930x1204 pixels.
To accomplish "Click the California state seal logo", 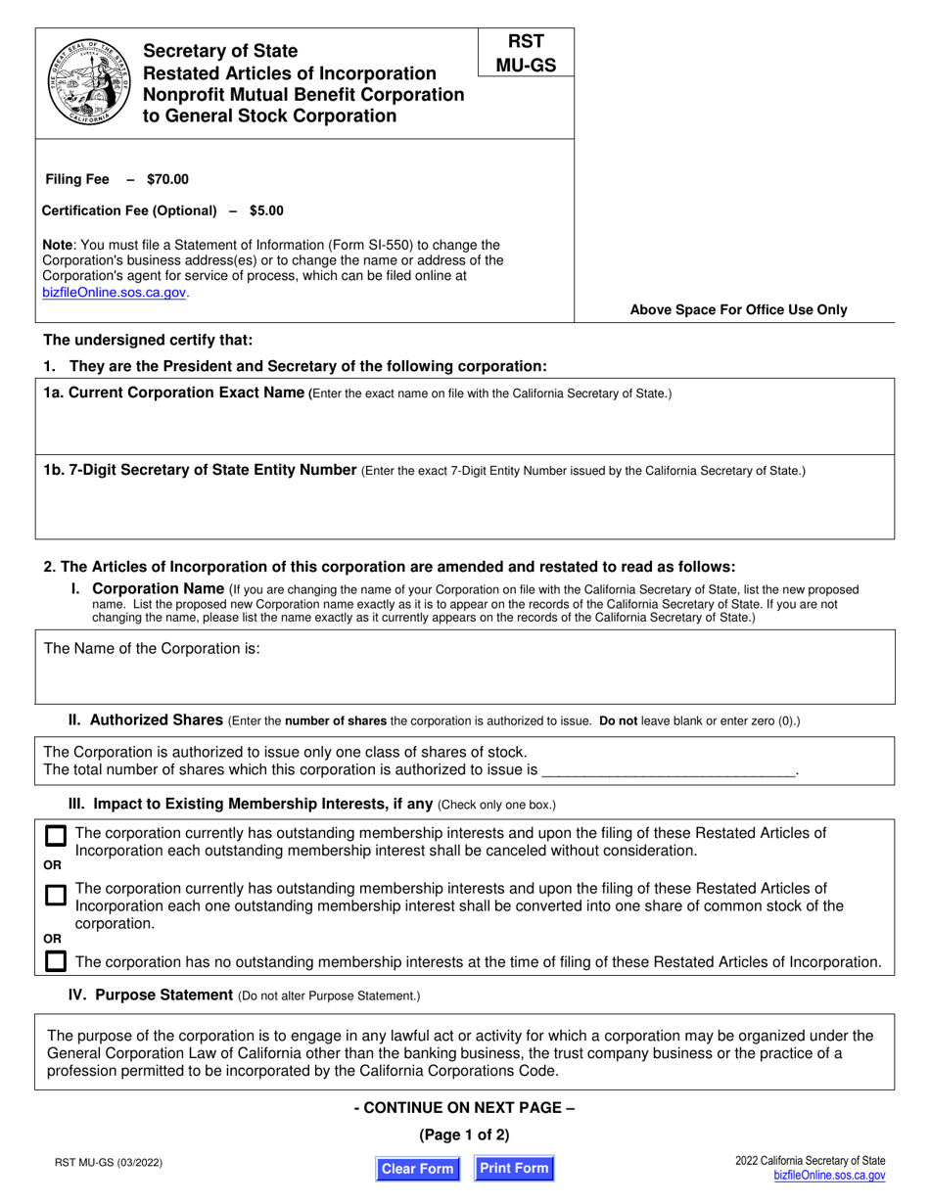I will pos(89,83).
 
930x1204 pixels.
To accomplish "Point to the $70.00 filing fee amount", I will pos(167,179).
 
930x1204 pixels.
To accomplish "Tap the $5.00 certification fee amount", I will pos(266,210).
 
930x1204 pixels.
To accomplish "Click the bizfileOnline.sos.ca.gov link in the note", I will pos(114,292).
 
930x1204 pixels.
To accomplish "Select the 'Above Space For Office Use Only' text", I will pos(738,309).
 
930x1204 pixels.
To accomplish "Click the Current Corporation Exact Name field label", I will pos(174,393).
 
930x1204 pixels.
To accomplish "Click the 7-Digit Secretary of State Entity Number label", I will pos(200,470).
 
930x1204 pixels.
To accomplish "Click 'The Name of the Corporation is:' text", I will pos(152,648).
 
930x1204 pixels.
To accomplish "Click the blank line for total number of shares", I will pos(668,770).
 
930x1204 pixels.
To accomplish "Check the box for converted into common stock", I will pos(57,895).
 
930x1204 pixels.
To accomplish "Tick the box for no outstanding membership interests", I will pos(57,961).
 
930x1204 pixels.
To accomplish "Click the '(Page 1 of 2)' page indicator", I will pos(464,1135).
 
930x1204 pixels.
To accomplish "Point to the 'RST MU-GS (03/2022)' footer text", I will pos(108,1164).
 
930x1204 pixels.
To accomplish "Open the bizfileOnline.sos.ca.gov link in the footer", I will pos(828,1176).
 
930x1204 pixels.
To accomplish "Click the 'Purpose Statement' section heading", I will pos(163,995).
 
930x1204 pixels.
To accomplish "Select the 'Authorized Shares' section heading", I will pos(156,719).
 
